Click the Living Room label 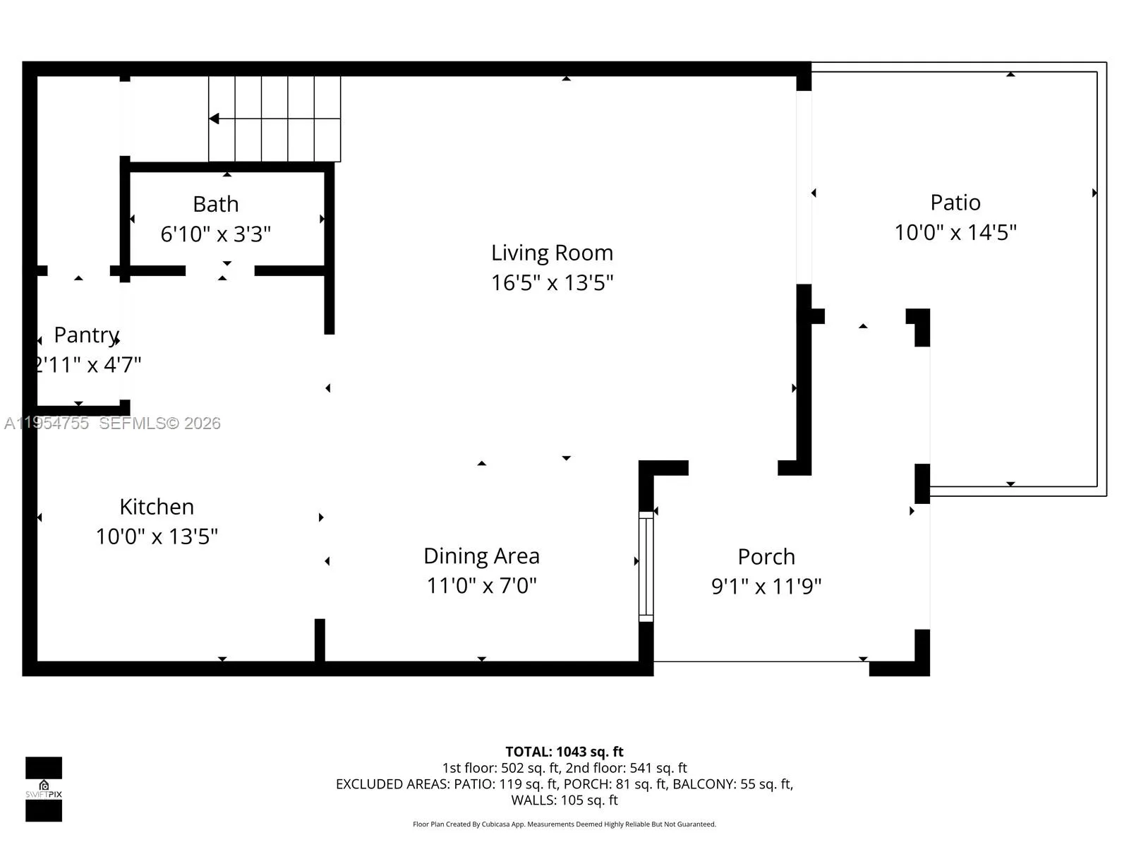(552, 253)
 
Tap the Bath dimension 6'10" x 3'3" (215, 234)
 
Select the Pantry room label (86, 335)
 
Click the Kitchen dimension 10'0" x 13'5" (157, 536)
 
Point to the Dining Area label (481, 556)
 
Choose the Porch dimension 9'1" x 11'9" (766, 586)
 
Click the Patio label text (955, 203)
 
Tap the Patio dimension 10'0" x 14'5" (955, 232)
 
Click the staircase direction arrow (214, 119)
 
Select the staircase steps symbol (274, 119)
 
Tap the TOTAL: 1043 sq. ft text (564, 752)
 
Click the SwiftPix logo (44, 789)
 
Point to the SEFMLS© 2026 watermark (159, 423)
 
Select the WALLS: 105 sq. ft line (564, 800)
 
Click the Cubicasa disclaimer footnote (564, 824)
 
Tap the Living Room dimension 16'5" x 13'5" (552, 283)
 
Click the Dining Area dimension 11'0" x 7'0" (481, 586)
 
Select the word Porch (766, 557)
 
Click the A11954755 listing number (47, 423)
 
